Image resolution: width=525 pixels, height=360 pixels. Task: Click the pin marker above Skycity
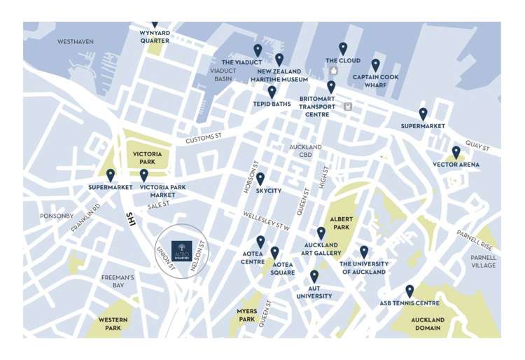260,179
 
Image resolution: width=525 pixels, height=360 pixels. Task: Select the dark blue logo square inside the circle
181,250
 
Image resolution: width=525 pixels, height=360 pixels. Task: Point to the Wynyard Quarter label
155,36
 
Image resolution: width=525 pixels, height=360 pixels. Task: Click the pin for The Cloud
343,48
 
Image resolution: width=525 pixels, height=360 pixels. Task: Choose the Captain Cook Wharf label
375,81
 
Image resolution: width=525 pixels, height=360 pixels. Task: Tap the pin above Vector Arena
456,152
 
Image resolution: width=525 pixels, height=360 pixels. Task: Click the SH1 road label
130,219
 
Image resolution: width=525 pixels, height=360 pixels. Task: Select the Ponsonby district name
56,216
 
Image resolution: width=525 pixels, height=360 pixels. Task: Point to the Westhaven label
76,42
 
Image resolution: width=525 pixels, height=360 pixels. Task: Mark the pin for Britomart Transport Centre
331,87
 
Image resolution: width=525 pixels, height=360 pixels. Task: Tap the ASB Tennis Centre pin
409,291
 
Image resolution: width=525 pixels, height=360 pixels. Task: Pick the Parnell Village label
483,262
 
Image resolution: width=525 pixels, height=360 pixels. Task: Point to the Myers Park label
246,315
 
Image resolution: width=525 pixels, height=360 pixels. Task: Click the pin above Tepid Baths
272,92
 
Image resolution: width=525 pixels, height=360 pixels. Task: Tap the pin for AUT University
314,277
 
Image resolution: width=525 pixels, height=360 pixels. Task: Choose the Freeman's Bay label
118,282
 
